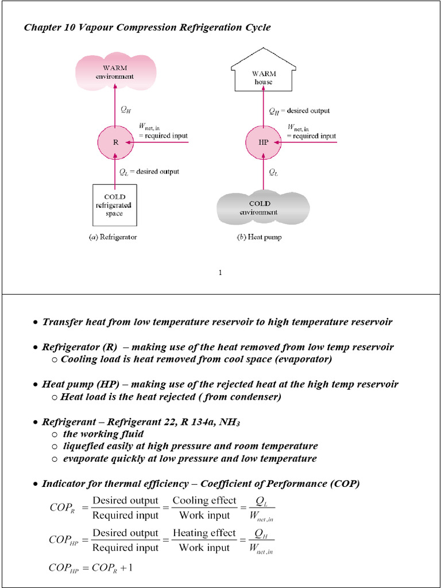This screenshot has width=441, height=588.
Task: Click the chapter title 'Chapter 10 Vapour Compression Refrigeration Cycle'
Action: [x=147, y=28]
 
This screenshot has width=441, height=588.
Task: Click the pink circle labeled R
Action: [x=115, y=142]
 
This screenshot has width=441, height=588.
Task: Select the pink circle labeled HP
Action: [x=264, y=142]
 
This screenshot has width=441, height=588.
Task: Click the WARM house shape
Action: [x=264, y=75]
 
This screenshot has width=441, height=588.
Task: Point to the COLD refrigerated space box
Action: [x=115, y=205]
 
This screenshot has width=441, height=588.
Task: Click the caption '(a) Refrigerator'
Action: [x=115, y=237]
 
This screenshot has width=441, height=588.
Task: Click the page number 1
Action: [x=220, y=272]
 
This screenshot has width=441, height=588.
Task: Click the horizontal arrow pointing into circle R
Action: [x=161, y=142]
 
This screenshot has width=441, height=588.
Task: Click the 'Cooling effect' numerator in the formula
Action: [x=204, y=501]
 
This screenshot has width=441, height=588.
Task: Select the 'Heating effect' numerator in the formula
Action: [x=204, y=533]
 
